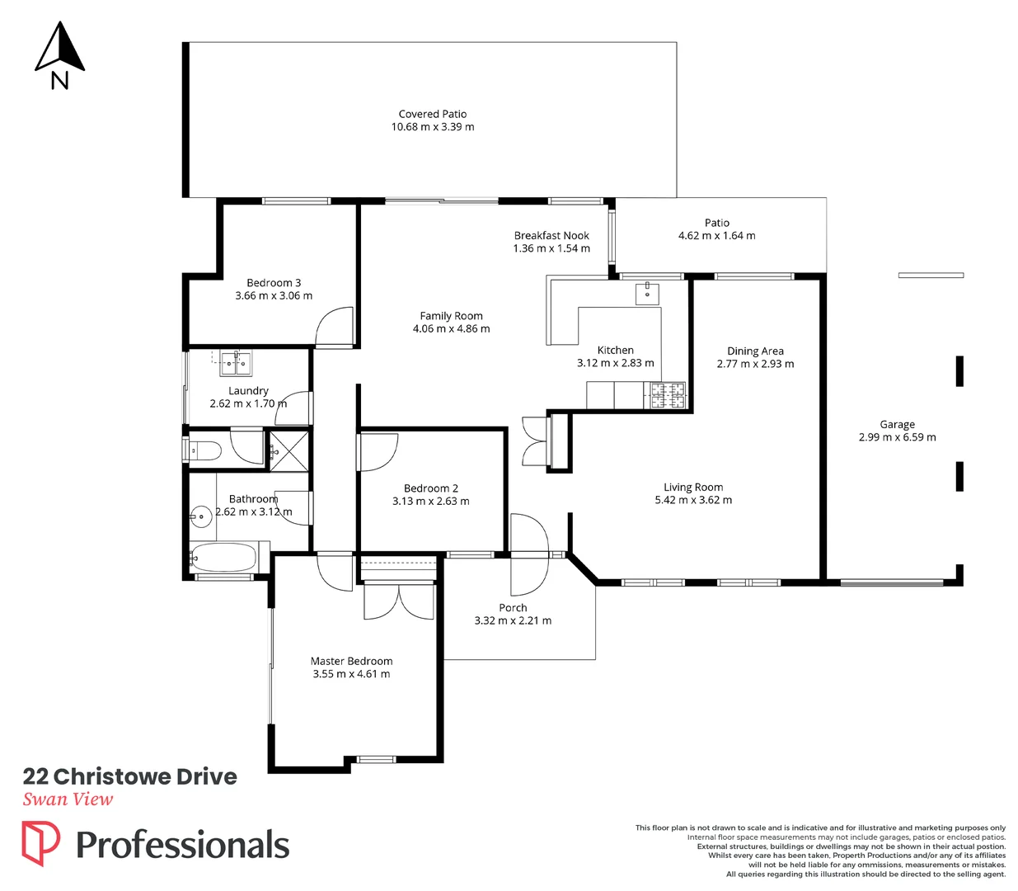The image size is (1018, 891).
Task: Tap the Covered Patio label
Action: coord(433,114)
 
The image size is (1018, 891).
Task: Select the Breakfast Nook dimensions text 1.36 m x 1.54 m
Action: coord(551,248)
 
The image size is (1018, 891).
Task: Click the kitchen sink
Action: coord(647,293)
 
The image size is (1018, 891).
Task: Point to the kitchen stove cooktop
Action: coord(669,396)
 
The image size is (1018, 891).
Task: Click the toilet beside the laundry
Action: coord(204,450)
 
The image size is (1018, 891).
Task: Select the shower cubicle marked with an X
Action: coord(289,450)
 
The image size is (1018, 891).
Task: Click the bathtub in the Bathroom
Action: coord(224,558)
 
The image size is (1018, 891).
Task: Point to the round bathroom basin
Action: coord(200,517)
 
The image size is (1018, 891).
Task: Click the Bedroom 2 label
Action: coord(430,488)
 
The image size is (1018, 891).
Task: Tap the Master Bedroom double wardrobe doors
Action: coord(399,601)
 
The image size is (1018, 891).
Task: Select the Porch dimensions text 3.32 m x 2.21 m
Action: coord(513,620)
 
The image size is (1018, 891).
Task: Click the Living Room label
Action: coord(693,487)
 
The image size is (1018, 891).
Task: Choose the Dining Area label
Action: coord(755,351)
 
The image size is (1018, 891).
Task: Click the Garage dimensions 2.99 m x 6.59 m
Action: coord(897,437)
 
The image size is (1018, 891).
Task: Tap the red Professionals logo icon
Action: coord(40,843)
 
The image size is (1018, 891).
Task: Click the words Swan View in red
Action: coord(68,799)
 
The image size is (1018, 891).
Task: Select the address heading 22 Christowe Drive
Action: coord(130,776)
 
